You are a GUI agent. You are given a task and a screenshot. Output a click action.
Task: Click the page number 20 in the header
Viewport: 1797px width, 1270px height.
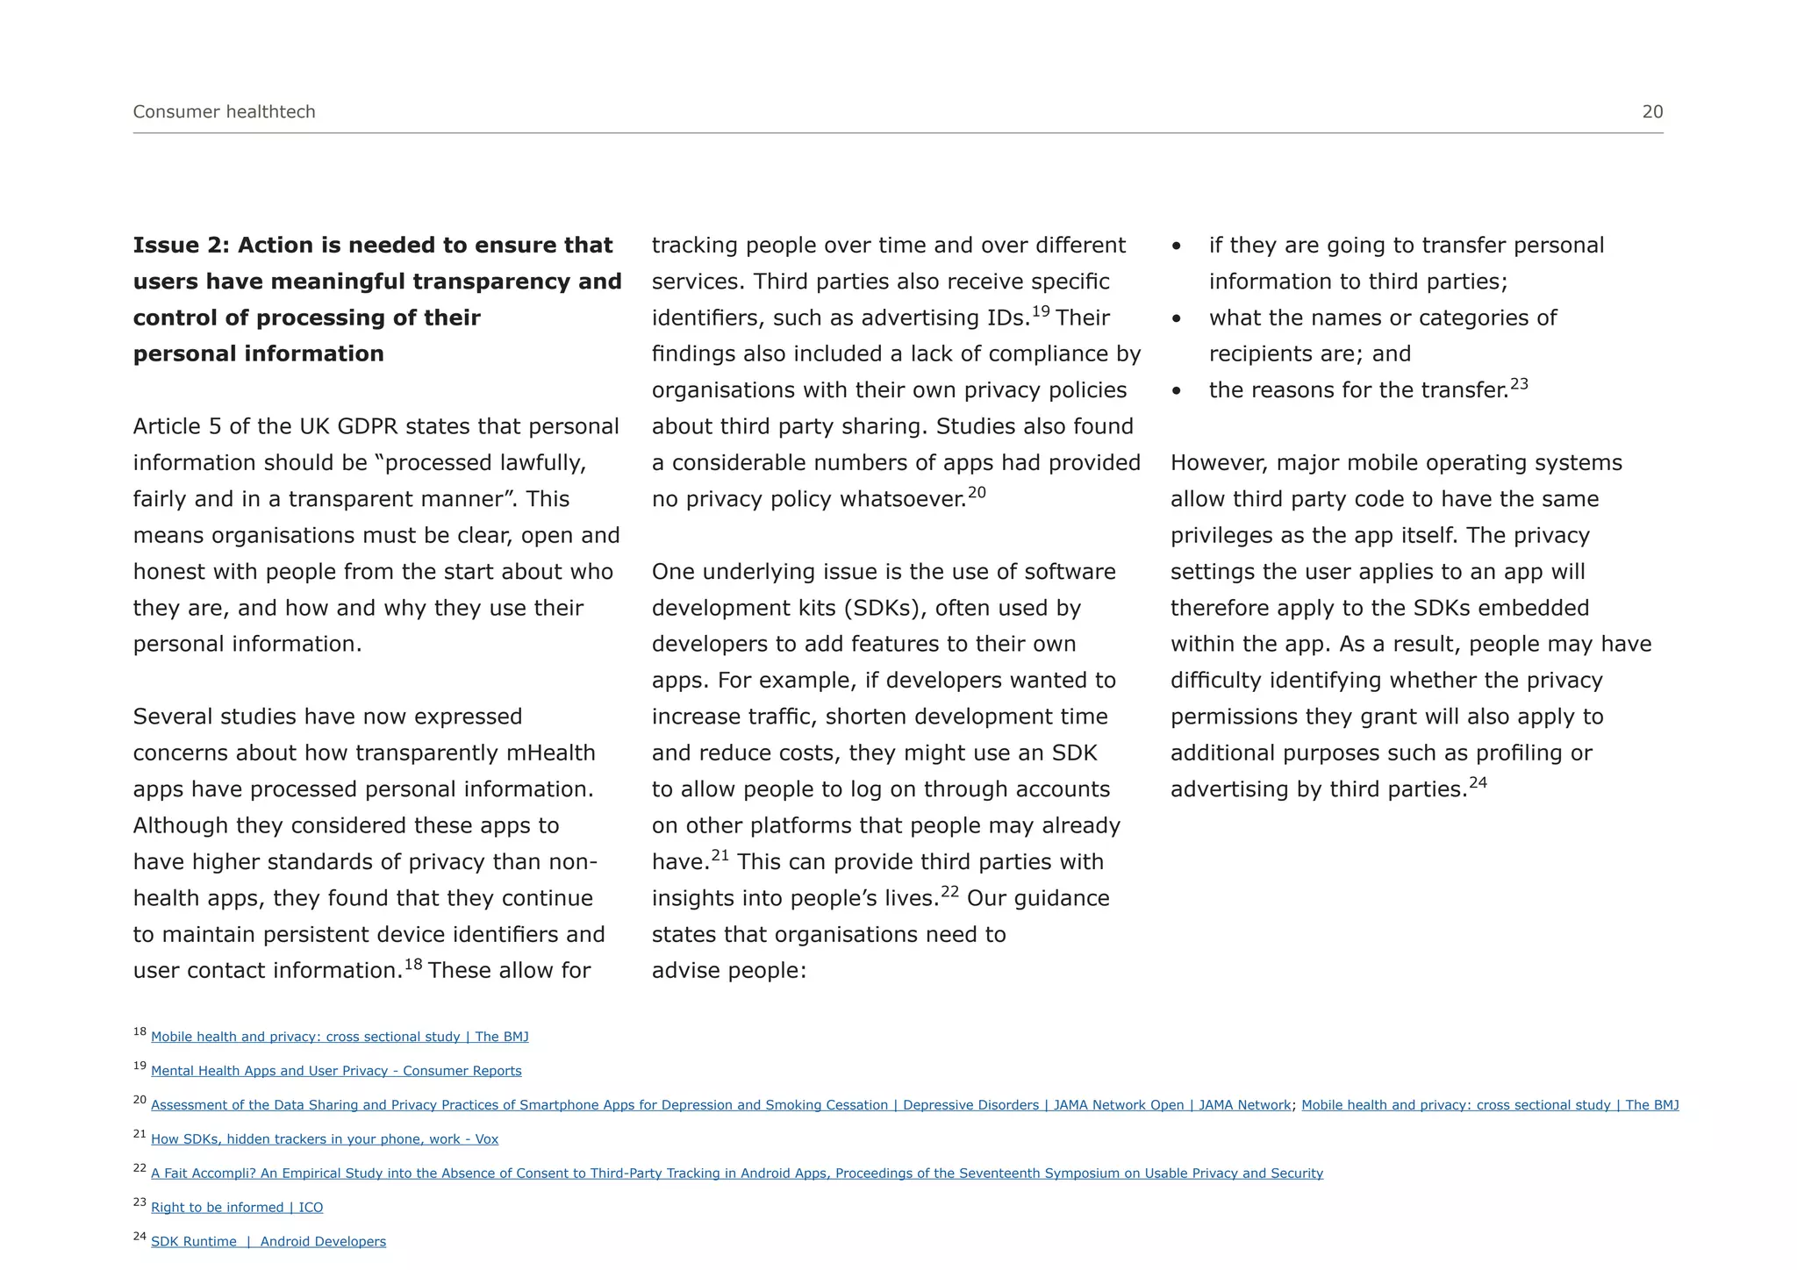pyautogui.click(x=1652, y=111)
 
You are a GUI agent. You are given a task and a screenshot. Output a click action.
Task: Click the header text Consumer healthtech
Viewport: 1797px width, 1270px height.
pyautogui.click(x=224, y=111)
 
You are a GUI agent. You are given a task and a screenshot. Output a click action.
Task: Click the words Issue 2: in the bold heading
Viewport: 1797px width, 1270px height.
pyautogui.click(x=181, y=246)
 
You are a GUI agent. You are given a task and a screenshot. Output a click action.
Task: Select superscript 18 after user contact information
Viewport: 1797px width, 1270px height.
pyautogui.click(x=413, y=965)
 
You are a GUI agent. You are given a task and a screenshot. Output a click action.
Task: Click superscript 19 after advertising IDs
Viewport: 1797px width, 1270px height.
pyautogui.click(x=1041, y=311)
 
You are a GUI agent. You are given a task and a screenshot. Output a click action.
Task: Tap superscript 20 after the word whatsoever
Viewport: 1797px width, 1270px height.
pyautogui.click(x=977, y=492)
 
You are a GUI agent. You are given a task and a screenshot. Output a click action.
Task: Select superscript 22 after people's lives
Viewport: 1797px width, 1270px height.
pyautogui.click(x=950, y=892)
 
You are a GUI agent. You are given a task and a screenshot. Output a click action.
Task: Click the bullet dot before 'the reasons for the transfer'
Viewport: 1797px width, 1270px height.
pyautogui.click(x=1177, y=391)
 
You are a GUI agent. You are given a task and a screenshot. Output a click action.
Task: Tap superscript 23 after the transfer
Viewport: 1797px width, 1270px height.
pyautogui.click(x=1519, y=384)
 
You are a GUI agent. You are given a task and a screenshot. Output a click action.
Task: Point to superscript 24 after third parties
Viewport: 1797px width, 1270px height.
pyautogui.click(x=1478, y=782)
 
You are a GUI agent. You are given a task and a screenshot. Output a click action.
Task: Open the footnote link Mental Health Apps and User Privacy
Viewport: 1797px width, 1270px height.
pyautogui.click(x=336, y=1071)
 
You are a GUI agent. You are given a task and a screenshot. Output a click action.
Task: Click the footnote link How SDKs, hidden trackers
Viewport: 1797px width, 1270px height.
pyautogui.click(x=325, y=1139)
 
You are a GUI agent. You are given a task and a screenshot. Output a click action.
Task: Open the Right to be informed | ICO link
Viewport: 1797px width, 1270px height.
pyautogui.click(x=237, y=1208)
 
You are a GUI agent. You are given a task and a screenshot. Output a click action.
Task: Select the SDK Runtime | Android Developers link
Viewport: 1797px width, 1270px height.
pyautogui.click(x=268, y=1242)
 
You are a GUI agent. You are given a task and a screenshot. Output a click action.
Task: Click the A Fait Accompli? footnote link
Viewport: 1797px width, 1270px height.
pyautogui.click(x=737, y=1174)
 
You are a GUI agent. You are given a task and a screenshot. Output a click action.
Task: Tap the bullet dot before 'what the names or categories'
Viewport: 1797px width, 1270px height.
pyautogui.click(x=1177, y=318)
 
